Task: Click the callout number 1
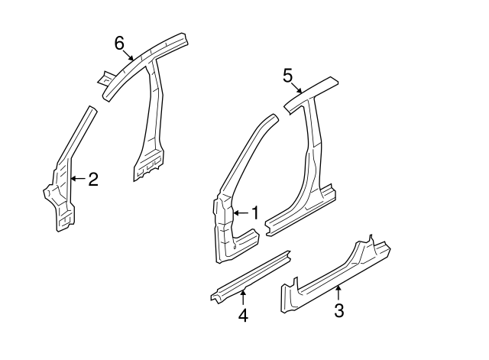(x=256, y=212)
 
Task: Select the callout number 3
(x=339, y=310)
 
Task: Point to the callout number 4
(x=243, y=314)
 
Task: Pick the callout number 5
(x=287, y=75)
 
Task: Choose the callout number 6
(x=119, y=44)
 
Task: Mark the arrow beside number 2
(x=77, y=179)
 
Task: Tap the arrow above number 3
(x=336, y=291)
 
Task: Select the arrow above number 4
(x=243, y=297)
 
